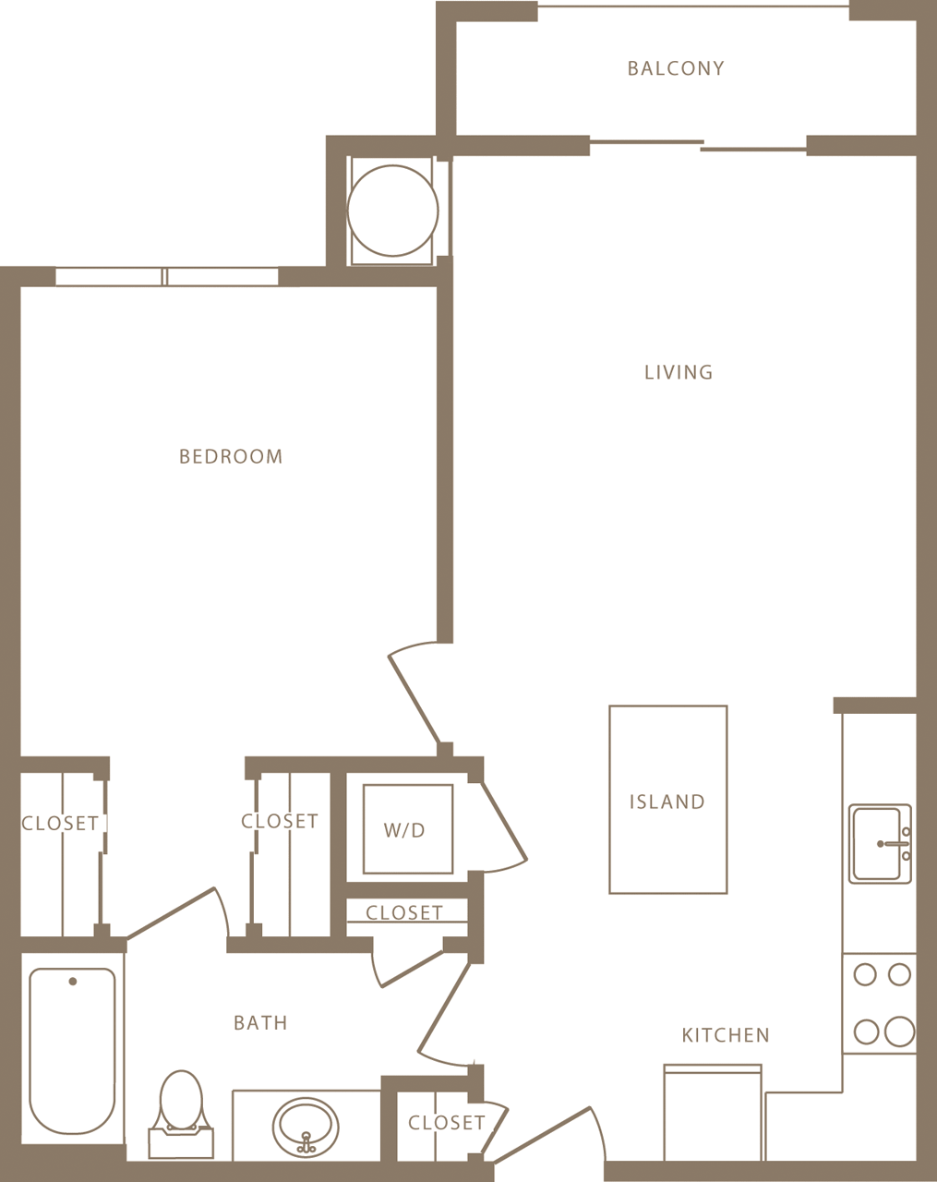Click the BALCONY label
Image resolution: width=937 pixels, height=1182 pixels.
676,68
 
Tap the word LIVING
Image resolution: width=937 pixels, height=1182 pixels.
679,372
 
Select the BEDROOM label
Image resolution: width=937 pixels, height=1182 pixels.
231,456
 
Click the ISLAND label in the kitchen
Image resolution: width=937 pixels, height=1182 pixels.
667,802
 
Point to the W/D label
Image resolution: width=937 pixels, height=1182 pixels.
404,830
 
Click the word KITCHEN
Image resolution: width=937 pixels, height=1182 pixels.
726,1035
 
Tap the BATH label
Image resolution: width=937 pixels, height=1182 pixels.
260,1023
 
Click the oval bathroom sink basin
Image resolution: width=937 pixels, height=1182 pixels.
306,1124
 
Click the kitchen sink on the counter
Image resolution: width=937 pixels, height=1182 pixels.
880,843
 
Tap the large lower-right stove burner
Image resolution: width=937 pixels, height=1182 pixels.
899,1031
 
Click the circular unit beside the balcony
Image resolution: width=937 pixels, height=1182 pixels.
392,211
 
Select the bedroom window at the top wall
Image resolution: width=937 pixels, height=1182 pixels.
166,276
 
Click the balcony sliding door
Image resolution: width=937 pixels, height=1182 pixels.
699,144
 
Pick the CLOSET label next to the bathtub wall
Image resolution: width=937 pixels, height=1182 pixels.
60,823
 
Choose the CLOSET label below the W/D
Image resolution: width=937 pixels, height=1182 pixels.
404,912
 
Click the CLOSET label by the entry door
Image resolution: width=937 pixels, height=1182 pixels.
446,1123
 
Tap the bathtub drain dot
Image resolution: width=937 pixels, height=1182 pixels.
73,982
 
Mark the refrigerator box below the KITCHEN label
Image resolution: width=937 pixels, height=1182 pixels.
713,1113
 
